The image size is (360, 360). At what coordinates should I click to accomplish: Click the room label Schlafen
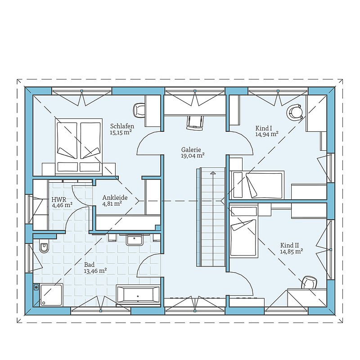pos(122,126)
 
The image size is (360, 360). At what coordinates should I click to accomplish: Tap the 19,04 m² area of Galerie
pos(193,156)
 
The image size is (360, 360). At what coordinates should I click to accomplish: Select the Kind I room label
pos(264,128)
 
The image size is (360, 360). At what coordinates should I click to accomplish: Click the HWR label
pos(59,199)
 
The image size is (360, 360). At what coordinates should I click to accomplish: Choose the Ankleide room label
pos(115,198)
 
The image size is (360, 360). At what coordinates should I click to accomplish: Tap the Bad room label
pos(89,265)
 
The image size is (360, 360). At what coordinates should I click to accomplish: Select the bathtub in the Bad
pos(138,295)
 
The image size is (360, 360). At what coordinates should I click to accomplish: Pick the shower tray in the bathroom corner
pos(51,295)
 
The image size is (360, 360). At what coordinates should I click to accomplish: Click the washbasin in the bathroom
pos(134,239)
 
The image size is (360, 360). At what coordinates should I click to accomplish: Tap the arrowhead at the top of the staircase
pos(213,173)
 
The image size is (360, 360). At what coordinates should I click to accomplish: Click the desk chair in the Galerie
pos(195,123)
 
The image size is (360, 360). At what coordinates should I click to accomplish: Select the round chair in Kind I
pos(294,112)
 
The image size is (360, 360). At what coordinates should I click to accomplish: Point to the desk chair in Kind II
pos(309,282)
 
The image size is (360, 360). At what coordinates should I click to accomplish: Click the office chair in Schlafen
pos(139,110)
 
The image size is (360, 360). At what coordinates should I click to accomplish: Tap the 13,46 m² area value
pos(95,271)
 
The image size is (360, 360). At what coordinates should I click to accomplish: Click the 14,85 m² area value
pos(291,252)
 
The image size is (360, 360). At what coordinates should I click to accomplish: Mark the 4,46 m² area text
pos(62,205)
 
